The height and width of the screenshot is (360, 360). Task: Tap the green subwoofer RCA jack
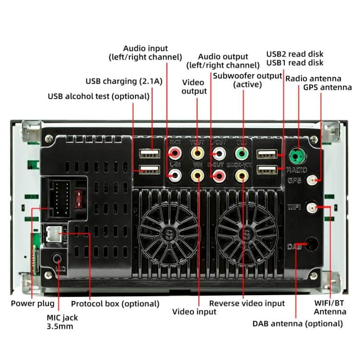point(243,154)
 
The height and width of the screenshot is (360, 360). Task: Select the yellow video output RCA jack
point(197,154)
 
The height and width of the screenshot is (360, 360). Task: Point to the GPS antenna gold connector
point(315,180)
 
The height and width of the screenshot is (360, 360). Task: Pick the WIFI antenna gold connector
point(312,208)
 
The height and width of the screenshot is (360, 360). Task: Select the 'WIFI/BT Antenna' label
point(330,307)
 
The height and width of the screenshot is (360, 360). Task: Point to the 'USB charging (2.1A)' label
point(124,81)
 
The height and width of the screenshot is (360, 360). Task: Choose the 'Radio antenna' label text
point(313,78)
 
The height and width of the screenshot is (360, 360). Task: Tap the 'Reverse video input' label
point(247,303)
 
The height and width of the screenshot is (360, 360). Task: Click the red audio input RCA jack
point(173,154)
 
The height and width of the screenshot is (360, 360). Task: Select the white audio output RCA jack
point(219,154)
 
